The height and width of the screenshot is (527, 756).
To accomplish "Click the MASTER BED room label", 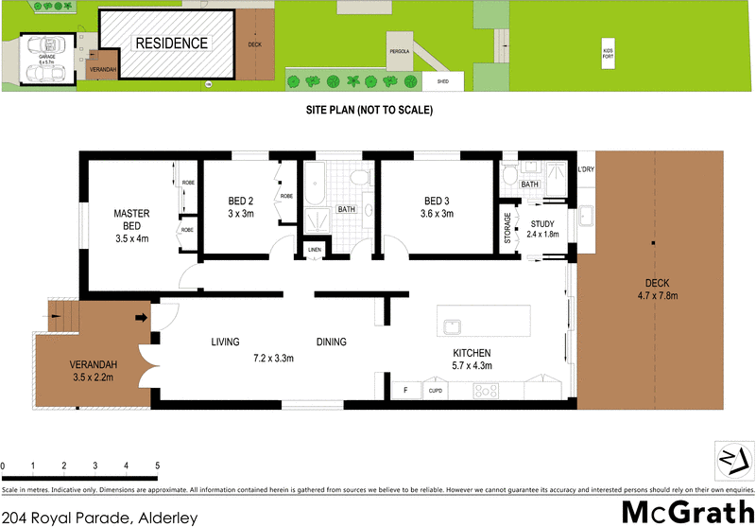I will [127, 220].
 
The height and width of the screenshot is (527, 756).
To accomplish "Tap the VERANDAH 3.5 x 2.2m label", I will [92, 372].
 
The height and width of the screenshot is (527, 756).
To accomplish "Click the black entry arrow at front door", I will [142, 318].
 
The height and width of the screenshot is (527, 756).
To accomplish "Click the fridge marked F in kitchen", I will [405, 389].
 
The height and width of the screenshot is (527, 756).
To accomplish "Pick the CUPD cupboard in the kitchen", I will [436, 389].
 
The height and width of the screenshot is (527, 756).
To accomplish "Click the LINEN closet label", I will [315, 250].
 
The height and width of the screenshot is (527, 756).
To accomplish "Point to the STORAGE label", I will [507, 228].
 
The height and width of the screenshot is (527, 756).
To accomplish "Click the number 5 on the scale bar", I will [157, 466].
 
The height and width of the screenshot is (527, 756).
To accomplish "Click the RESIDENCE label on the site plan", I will [171, 44].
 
